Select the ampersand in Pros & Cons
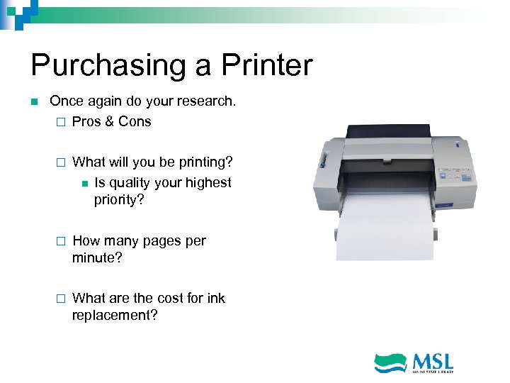[x=109, y=121]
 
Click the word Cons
[x=135, y=121]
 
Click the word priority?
[x=119, y=200]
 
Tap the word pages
[x=162, y=241]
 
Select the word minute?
[x=97, y=258]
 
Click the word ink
[x=216, y=298]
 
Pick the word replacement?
[x=115, y=316]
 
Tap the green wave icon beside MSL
[x=390, y=363]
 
